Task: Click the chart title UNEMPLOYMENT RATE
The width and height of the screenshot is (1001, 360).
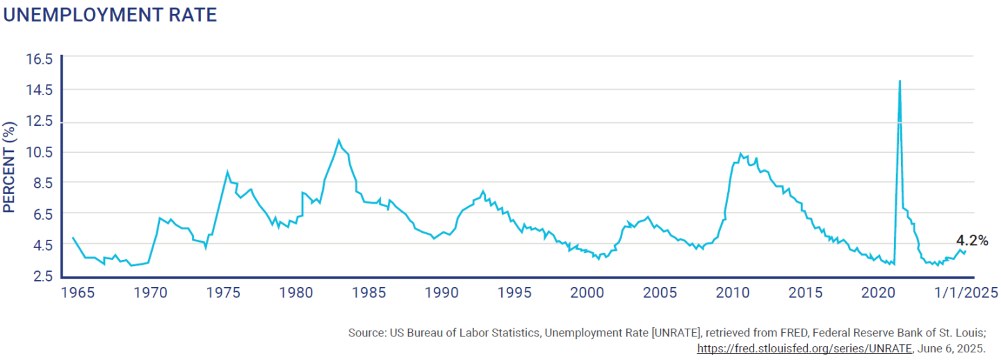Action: tap(110, 15)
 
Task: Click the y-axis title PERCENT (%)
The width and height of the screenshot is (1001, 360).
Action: tap(10, 167)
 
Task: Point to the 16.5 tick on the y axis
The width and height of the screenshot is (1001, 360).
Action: tap(40, 59)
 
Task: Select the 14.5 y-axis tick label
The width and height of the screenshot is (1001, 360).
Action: tap(40, 90)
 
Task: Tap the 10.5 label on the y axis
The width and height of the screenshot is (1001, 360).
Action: tap(40, 152)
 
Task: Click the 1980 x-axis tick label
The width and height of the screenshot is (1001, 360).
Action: tap(297, 292)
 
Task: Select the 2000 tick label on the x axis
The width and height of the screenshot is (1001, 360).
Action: tap(588, 292)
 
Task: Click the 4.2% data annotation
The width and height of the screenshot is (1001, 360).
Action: tap(972, 240)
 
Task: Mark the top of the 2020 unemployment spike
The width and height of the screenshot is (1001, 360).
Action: tap(900, 81)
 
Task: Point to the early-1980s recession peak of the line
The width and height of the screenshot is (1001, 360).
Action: tap(339, 140)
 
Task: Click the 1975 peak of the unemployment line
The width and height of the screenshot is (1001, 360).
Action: tap(227, 171)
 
